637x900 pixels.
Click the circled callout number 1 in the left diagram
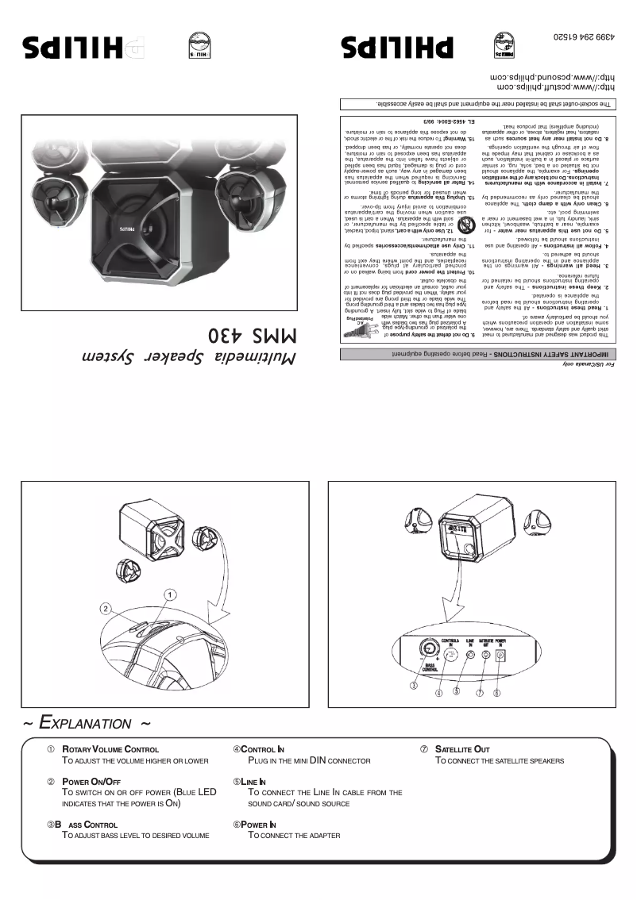click(169, 594)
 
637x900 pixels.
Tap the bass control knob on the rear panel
click(420, 656)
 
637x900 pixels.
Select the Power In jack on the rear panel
click(501, 656)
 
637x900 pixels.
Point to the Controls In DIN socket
click(450, 656)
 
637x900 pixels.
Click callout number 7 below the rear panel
click(481, 692)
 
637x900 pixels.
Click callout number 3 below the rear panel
click(414, 684)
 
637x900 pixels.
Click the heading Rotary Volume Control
click(110, 749)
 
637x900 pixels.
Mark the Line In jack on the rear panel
click(471, 656)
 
